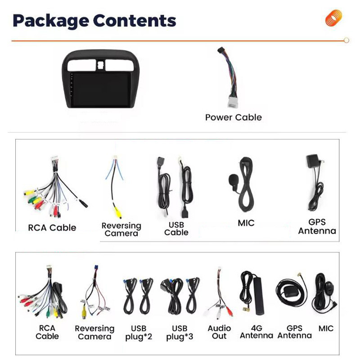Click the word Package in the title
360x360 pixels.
point(51,21)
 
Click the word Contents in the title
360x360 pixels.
point(135,20)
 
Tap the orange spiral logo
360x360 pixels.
point(333,18)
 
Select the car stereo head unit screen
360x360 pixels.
point(101,90)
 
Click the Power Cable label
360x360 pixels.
point(234,117)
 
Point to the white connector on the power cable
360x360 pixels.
point(233,102)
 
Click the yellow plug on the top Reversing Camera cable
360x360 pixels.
point(118,212)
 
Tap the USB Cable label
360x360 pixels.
point(176,229)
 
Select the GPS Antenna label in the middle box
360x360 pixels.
point(317,226)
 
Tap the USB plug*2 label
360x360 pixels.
point(139,332)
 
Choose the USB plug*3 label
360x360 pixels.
point(180,332)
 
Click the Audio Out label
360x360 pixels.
point(219,332)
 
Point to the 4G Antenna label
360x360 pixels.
point(256,332)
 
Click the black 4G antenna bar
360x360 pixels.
point(258,295)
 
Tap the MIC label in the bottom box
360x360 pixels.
point(326,328)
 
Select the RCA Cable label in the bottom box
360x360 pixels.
point(47,332)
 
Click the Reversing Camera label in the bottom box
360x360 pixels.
point(94,333)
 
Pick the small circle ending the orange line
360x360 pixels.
point(346,40)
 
